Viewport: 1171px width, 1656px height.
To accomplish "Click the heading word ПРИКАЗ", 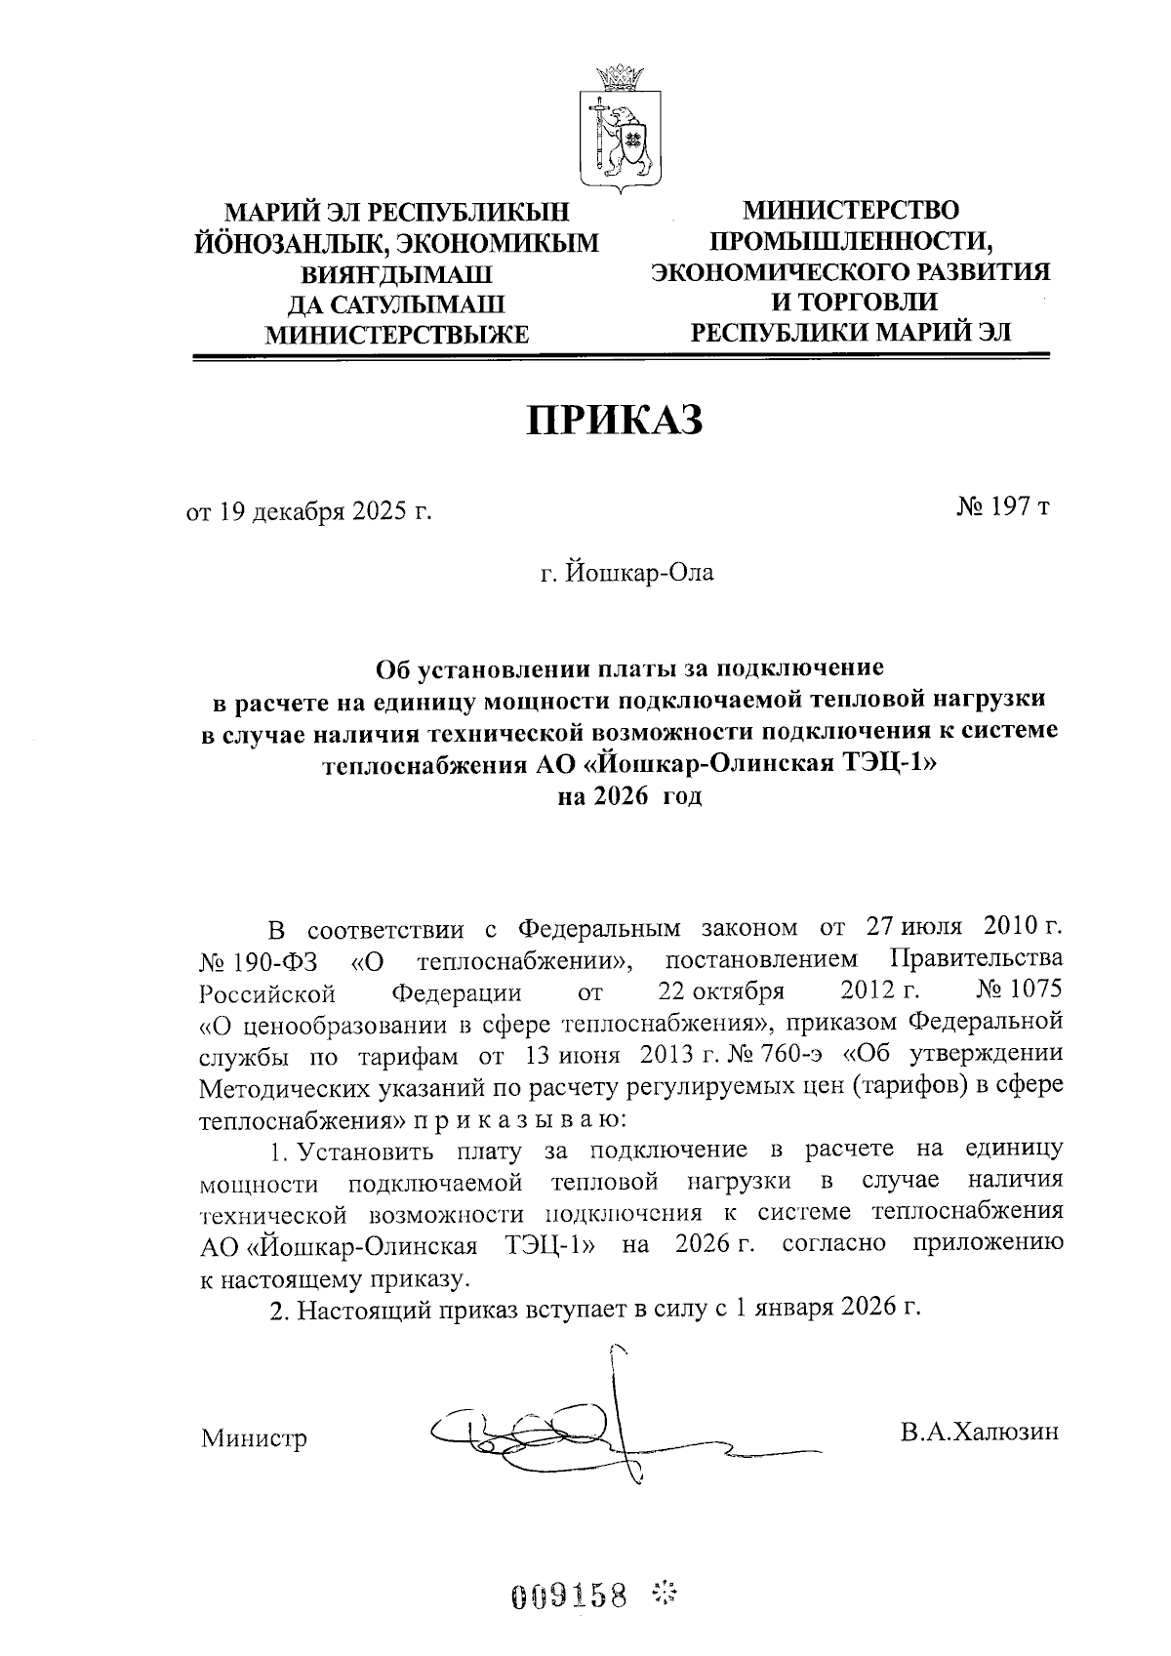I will pos(615,420).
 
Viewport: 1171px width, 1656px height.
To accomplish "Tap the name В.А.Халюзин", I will pos(980,1432).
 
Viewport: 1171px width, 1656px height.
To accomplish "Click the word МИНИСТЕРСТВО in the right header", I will pos(851,210).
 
